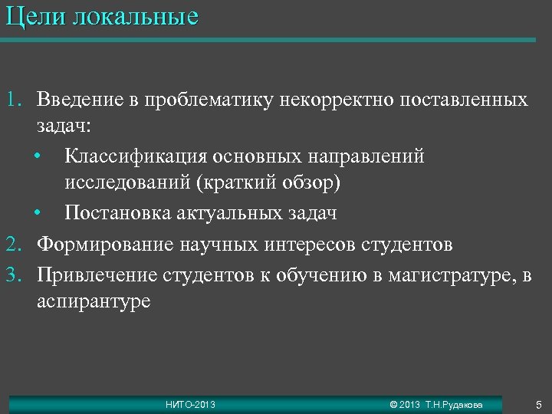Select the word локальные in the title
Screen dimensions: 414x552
[136, 17]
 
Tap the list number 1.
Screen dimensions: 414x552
[14, 100]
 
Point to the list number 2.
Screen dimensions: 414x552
[14, 245]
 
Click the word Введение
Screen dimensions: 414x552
[80, 100]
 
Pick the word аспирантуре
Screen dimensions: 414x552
[94, 302]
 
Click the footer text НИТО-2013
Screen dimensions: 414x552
[190, 404]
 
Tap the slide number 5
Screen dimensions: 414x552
[538, 403]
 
